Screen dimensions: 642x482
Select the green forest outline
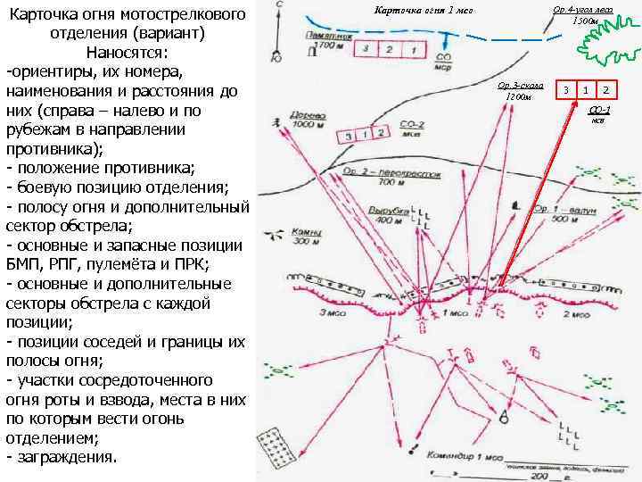click(608, 39)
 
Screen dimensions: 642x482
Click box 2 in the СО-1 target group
click(605, 90)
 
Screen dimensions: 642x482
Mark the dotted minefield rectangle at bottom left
click(275, 447)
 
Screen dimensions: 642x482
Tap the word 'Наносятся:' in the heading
click(125, 52)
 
